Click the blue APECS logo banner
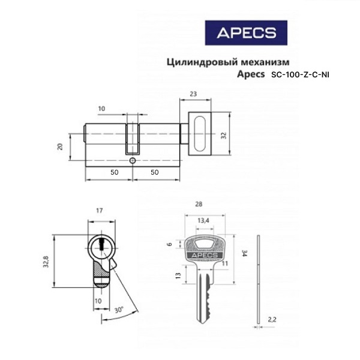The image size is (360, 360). pos(246,32)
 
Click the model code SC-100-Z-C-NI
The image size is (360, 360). pos(300,75)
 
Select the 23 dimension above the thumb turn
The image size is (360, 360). pos(193,94)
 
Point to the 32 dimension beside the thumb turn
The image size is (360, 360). pos(223,136)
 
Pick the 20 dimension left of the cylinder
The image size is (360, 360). pos(60,147)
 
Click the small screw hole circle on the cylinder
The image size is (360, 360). pos(133,160)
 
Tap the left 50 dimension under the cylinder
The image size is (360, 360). pos(115,172)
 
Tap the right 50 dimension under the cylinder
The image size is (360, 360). pos(155,172)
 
